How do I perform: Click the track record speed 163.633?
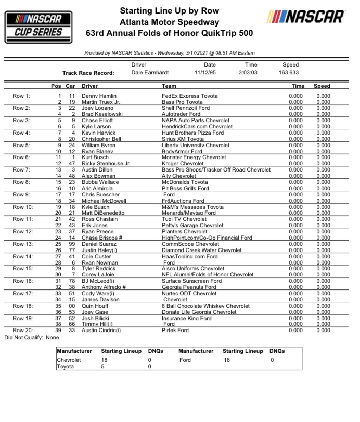pyautogui.click(x=290, y=73)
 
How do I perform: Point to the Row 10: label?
pyautogui.click(x=22, y=207)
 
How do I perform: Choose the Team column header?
pyautogui.click(x=169, y=86)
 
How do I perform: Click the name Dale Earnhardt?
pyautogui.click(x=151, y=73)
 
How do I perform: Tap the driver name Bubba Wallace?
pyautogui.click(x=97, y=182)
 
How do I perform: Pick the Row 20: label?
pyautogui.click(x=22, y=330)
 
